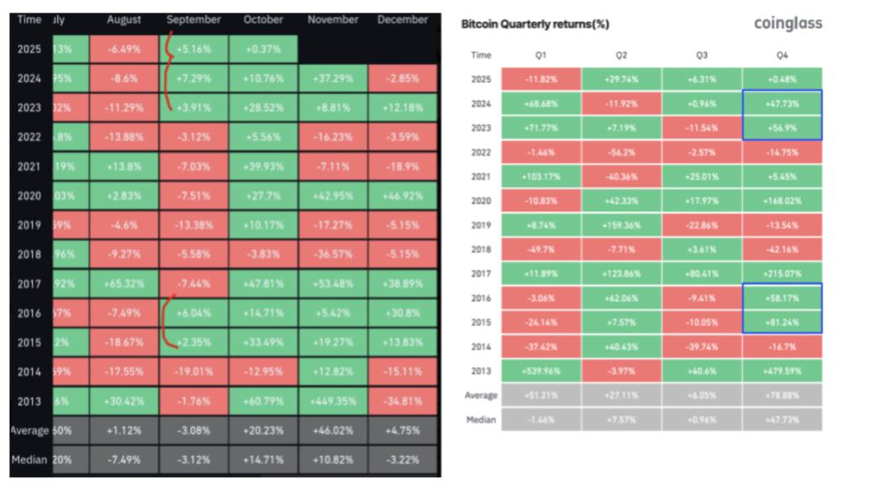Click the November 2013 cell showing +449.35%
point(332,401)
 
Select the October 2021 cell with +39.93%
point(264,166)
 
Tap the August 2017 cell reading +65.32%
point(124,284)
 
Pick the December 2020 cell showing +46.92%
point(403,196)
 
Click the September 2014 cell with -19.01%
point(193,371)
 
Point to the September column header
point(193,19)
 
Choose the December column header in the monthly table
point(403,19)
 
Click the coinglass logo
point(788,24)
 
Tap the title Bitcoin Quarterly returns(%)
point(536,24)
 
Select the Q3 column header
point(701,55)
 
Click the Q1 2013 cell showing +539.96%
point(541,370)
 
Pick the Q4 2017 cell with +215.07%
point(782,274)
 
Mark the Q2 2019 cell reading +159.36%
point(621,225)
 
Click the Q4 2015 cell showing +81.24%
point(782,322)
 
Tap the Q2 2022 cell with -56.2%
point(621,153)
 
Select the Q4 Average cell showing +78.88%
point(782,395)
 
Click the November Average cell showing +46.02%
point(332,430)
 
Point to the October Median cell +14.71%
point(264,459)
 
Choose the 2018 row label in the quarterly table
point(481,249)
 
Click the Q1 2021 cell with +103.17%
point(541,177)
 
